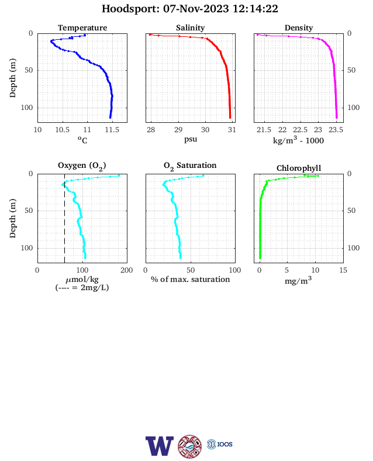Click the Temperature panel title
point(82,27)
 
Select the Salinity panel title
point(191,27)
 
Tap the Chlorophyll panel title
point(299,168)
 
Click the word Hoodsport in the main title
point(130,9)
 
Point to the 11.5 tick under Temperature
point(112,130)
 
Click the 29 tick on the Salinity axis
point(178,130)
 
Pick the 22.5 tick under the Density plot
point(300,130)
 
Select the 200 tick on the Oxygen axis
point(127,270)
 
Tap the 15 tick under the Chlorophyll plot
point(343,270)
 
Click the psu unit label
point(191,139)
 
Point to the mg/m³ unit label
point(298,280)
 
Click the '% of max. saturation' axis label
point(191,279)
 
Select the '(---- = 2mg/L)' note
point(82,287)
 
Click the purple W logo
point(160,446)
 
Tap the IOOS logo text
point(225,444)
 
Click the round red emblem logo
point(190,446)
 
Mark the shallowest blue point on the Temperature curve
point(85,35)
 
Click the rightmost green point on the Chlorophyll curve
point(318,176)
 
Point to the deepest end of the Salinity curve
point(230,118)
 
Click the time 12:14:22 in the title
point(255,9)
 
